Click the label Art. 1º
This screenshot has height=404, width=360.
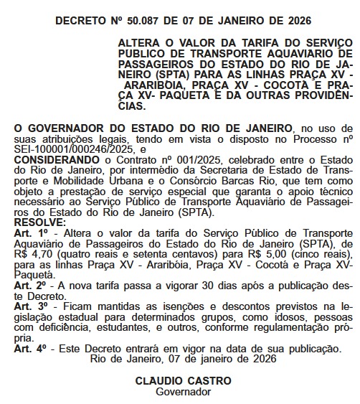30,234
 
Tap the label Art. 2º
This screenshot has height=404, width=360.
30,285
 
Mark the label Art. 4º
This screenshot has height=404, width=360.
30,347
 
